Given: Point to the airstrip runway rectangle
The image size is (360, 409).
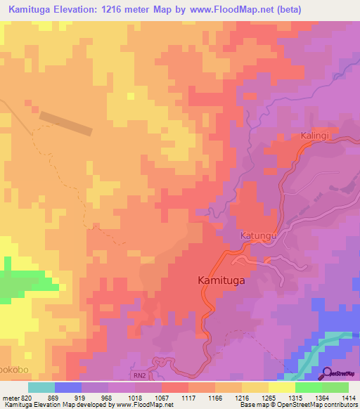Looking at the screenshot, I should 65,123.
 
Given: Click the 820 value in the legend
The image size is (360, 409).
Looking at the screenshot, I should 26,397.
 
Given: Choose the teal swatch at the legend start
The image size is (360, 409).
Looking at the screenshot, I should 41,387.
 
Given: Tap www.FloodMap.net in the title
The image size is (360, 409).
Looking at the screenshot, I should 252,10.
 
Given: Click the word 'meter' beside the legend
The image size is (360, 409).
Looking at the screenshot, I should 10,397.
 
